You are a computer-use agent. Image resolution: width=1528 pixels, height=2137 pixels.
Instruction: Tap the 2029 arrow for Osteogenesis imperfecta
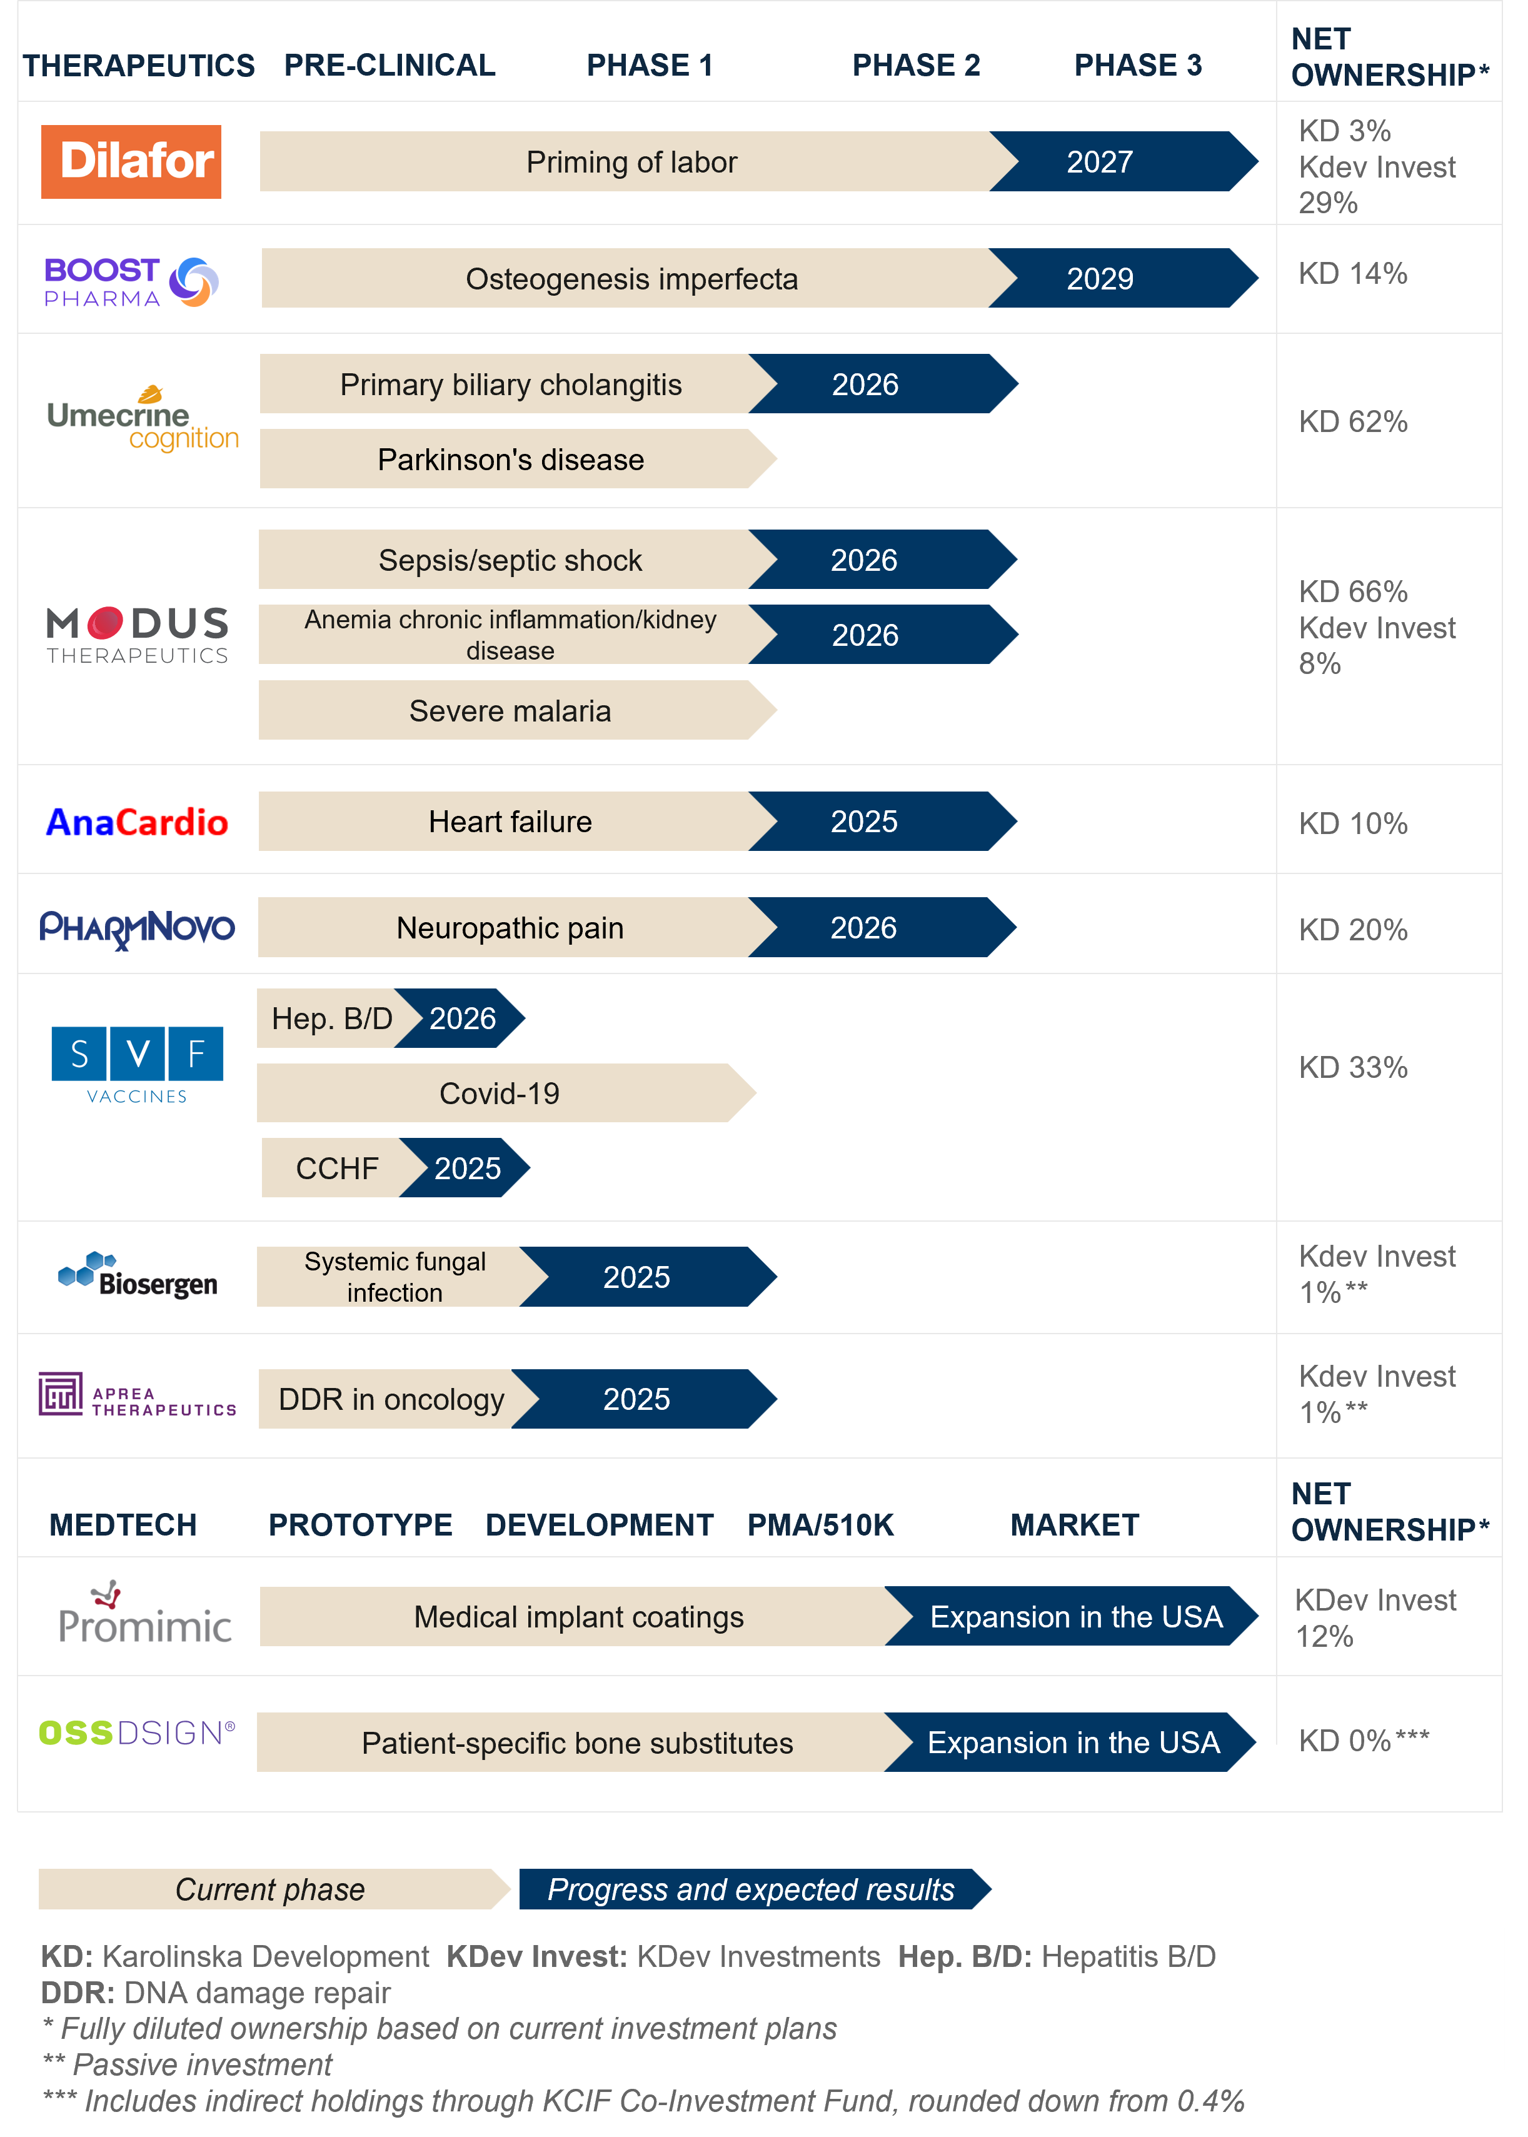tap(1122, 278)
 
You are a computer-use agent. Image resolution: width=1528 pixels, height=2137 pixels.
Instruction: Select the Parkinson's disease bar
tap(518, 458)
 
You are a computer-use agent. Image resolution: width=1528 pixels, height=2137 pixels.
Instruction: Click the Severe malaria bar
tap(518, 710)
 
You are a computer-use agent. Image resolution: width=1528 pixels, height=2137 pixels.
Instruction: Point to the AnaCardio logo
tap(138, 822)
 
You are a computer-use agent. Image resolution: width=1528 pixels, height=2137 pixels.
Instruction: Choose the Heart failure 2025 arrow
tap(883, 820)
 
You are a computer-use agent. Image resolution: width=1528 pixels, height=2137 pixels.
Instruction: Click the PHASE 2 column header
tap(915, 65)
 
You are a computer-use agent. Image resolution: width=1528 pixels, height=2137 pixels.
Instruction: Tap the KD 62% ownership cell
tap(1353, 421)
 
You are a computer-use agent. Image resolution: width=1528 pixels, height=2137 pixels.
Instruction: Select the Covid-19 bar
tap(506, 1092)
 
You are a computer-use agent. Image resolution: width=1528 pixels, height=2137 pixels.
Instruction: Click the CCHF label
tap(337, 1168)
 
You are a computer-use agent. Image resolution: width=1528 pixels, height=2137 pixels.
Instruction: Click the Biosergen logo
tap(138, 1274)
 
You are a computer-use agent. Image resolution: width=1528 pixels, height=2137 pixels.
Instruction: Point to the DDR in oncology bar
tap(391, 1399)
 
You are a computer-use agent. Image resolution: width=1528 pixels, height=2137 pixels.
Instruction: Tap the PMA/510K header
tap(820, 1524)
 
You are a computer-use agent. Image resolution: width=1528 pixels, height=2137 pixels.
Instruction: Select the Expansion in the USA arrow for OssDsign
tap(1070, 1742)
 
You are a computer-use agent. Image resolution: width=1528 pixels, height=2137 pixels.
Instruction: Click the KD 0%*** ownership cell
tap(1364, 1740)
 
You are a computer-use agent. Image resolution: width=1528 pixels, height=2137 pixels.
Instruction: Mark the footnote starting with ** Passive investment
tap(187, 2064)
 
